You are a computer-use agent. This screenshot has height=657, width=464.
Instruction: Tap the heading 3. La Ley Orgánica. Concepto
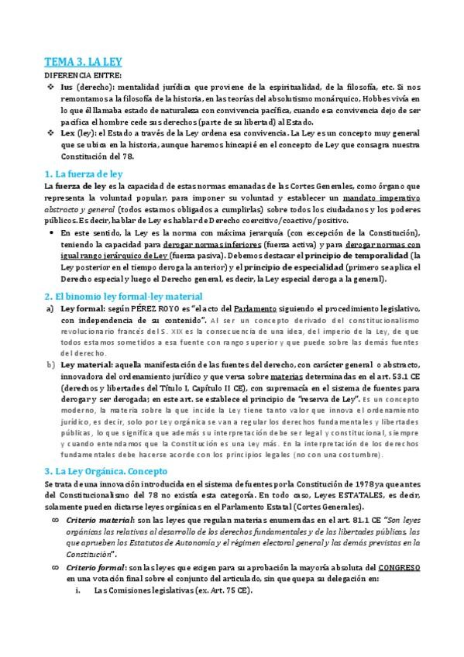click(x=107, y=470)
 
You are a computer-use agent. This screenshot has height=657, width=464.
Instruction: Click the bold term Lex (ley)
click(x=80, y=132)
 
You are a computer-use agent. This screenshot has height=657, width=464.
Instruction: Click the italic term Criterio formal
click(x=97, y=568)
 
